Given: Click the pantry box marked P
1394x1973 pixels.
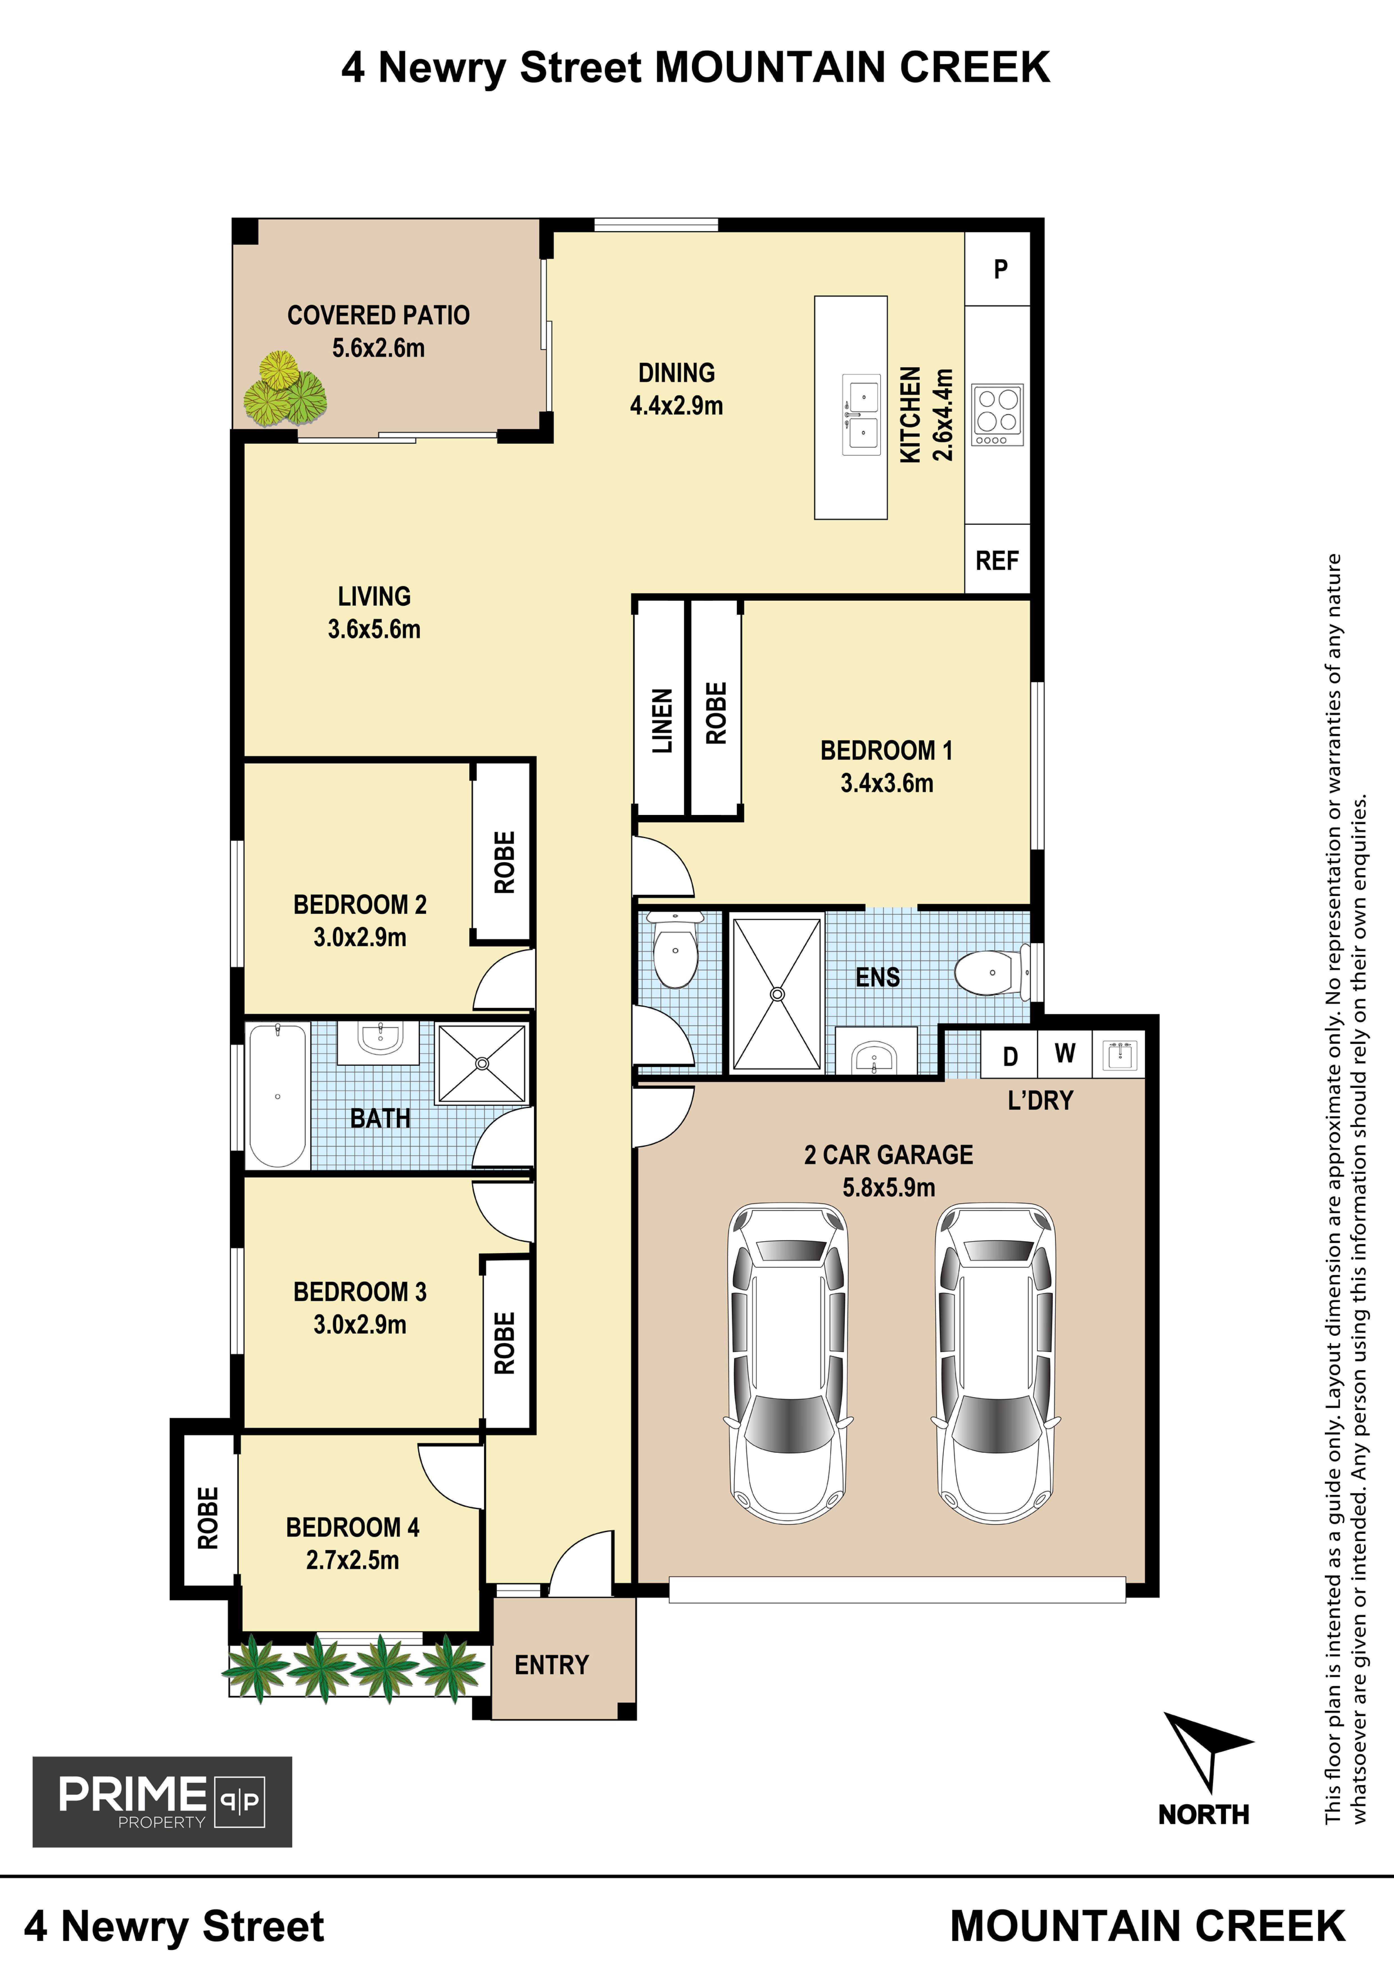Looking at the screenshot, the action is tap(998, 269).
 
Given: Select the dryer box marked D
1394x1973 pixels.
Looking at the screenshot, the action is tap(1010, 1055).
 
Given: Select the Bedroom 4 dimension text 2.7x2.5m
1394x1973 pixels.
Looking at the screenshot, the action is tap(352, 1560).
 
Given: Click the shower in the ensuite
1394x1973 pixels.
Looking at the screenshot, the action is tap(777, 993).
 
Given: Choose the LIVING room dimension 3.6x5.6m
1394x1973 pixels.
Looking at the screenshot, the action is tap(374, 629).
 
